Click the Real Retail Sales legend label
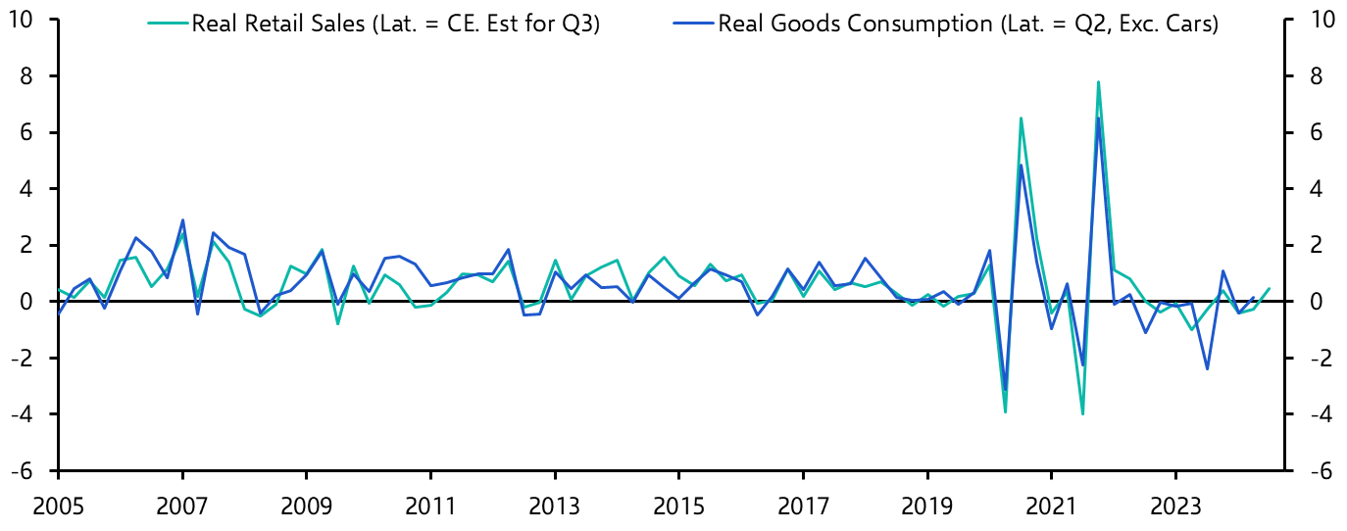point(395,24)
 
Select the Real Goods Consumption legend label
point(968,24)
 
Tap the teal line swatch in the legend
point(167,24)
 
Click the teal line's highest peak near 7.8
point(1098,81)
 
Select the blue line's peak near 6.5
point(1098,119)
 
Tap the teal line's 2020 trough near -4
point(1005,412)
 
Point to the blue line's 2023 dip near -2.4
point(1206,369)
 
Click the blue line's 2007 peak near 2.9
point(182,220)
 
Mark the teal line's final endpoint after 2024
point(1269,288)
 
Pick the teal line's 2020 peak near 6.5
point(1021,119)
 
